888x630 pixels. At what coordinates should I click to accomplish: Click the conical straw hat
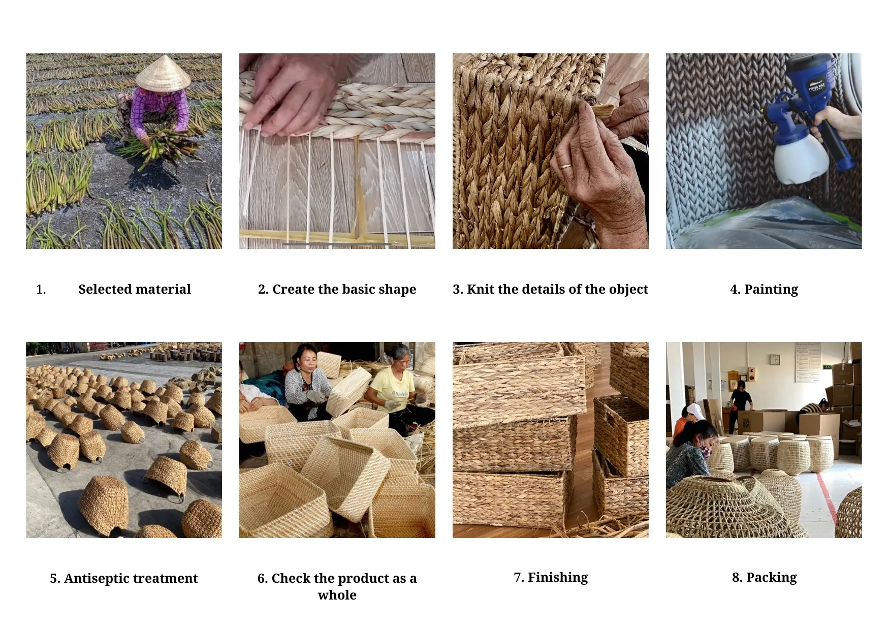click(x=163, y=74)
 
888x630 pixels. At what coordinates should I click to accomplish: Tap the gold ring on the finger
click(x=565, y=166)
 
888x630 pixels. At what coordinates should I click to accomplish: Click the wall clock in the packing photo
click(x=774, y=360)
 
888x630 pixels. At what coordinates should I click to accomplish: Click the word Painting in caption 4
click(x=771, y=290)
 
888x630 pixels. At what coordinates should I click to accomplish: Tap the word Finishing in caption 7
click(x=558, y=578)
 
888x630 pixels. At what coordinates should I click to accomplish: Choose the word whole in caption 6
click(x=337, y=595)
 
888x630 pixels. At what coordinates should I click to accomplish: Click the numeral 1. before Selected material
click(x=41, y=290)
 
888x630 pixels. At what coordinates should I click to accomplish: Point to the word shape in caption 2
click(x=399, y=290)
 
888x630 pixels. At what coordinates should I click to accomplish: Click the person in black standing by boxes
click(x=741, y=401)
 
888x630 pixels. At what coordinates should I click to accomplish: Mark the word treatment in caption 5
click(x=164, y=579)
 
